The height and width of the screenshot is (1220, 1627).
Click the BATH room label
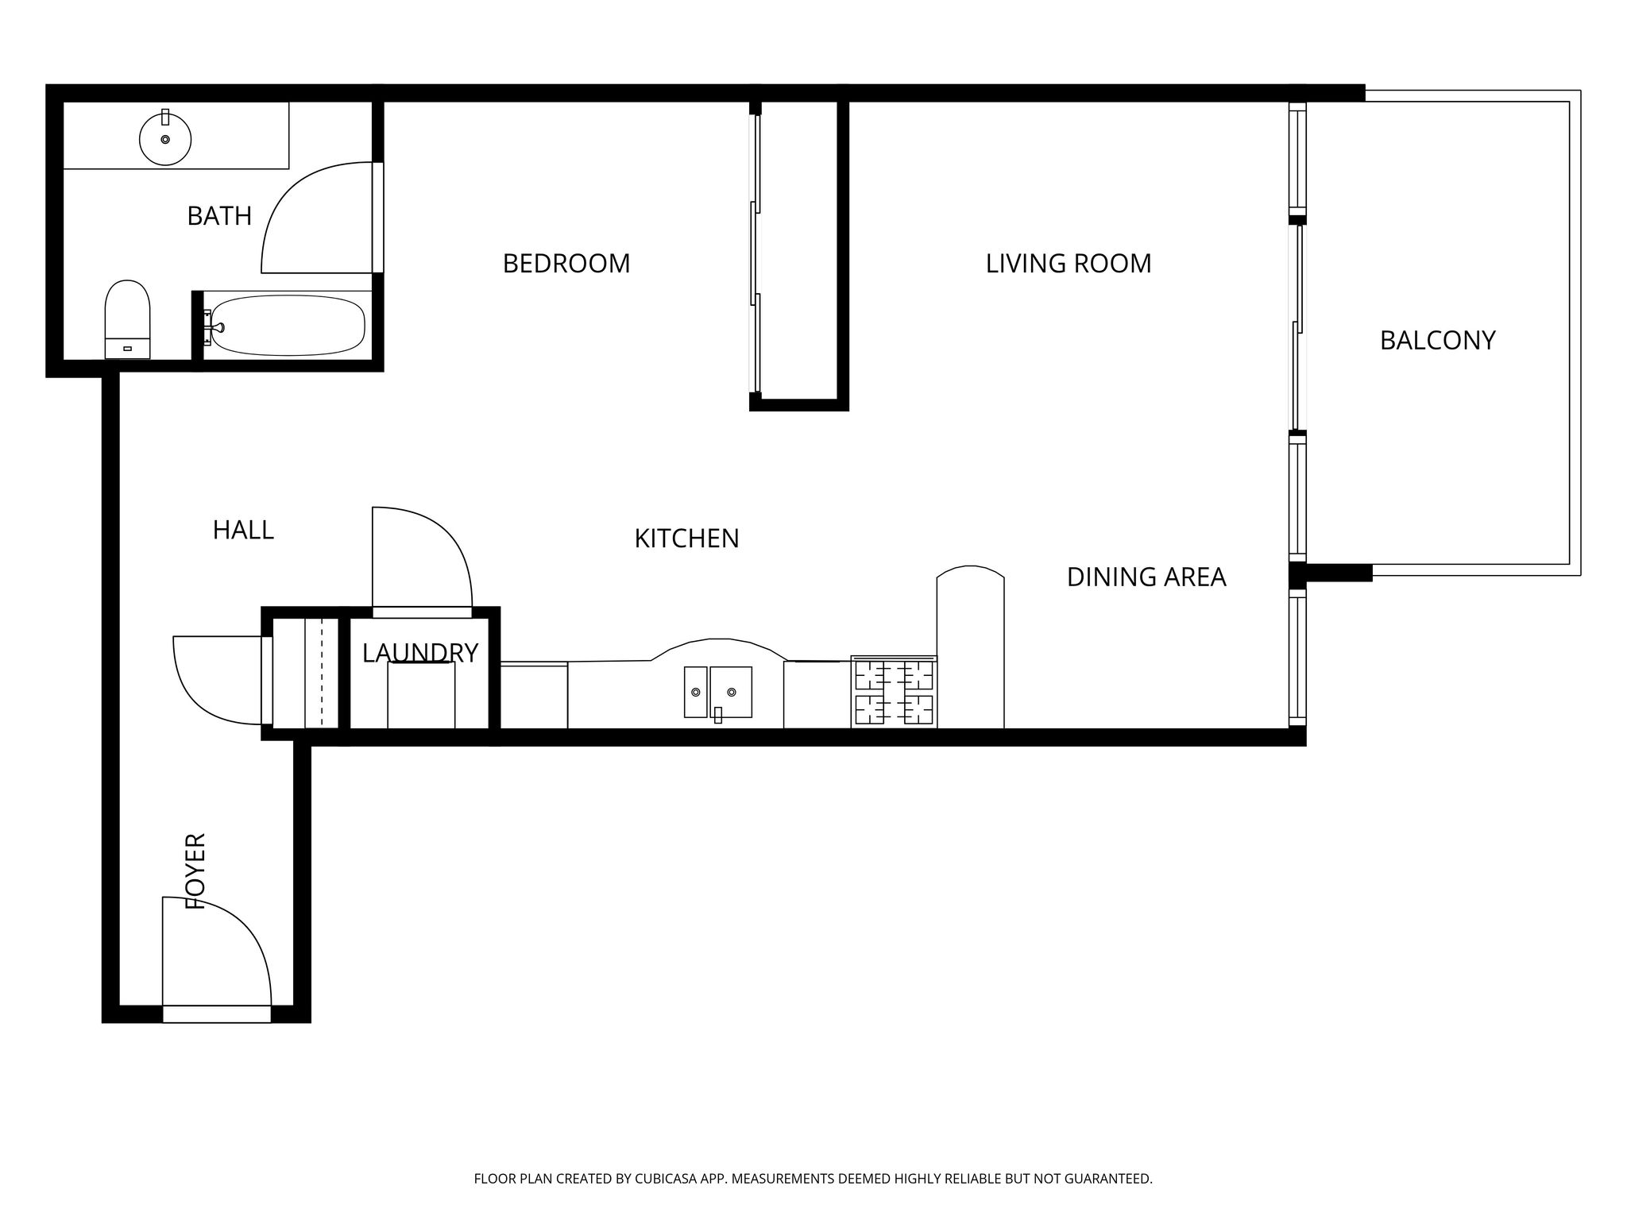click(219, 216)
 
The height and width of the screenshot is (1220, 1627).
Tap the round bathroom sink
click(165, 139)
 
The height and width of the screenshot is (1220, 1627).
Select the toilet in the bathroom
click(127, 319)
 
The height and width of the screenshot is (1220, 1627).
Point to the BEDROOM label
click(566, 264)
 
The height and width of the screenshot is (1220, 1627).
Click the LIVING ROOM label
click(1069, 264)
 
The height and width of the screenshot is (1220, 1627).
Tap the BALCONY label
click(1437, 341)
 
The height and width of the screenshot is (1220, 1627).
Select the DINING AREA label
click(1146, 577)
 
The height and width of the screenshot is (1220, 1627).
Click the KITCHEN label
click(686, 539)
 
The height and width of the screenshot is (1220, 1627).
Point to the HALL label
click(243, 530)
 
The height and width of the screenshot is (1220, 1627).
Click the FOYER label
click(195, 871)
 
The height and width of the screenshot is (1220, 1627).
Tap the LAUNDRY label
click(420, 653)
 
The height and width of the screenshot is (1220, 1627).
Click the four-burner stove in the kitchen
click(894, 691)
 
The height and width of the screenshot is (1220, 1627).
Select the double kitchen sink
click(718, 693)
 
